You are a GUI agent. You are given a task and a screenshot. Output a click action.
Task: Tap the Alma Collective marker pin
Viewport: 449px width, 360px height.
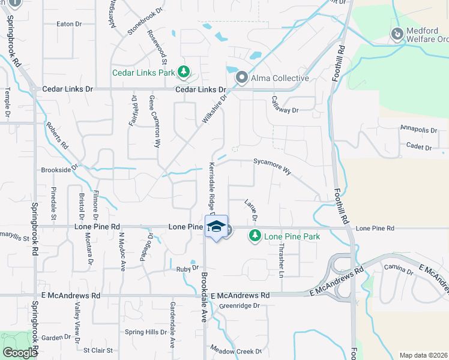click(x=242, y=78)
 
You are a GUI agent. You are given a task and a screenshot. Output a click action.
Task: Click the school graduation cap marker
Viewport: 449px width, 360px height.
click(x=216, y=227)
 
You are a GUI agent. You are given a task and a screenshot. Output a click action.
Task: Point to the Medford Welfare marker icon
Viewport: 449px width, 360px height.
click(x=396, y=34)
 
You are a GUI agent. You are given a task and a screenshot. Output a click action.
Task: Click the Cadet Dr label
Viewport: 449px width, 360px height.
click(x=419, y=146)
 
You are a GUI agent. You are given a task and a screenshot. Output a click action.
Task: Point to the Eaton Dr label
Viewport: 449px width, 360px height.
click(x=68, y=24)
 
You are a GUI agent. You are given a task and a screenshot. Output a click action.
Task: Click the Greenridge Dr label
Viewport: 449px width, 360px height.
click(x=239, y=305)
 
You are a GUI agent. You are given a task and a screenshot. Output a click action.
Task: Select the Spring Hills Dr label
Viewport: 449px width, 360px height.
click(x=145, y=332)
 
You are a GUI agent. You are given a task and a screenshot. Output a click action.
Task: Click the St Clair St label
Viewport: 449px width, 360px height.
click(x=98, y=350)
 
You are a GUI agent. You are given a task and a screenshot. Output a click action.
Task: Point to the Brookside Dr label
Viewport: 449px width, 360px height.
click(x=59, y=170)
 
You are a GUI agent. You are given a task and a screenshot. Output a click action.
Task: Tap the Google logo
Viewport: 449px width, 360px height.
click(x=20, y=353)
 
